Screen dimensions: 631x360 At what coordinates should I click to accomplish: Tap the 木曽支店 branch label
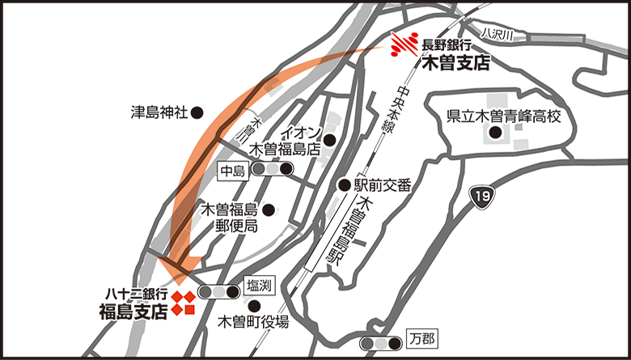(x=456, y=62)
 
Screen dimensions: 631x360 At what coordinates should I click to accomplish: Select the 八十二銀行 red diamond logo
(x=183, y=303)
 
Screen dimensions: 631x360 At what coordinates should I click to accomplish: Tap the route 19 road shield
(x=483, y=197)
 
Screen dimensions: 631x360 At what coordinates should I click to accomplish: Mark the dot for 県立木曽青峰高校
(x=495, y=132)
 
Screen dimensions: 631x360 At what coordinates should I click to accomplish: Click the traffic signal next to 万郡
(x=382, y=344)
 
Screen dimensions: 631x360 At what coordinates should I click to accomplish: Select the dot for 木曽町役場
(x=256, y=306)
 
